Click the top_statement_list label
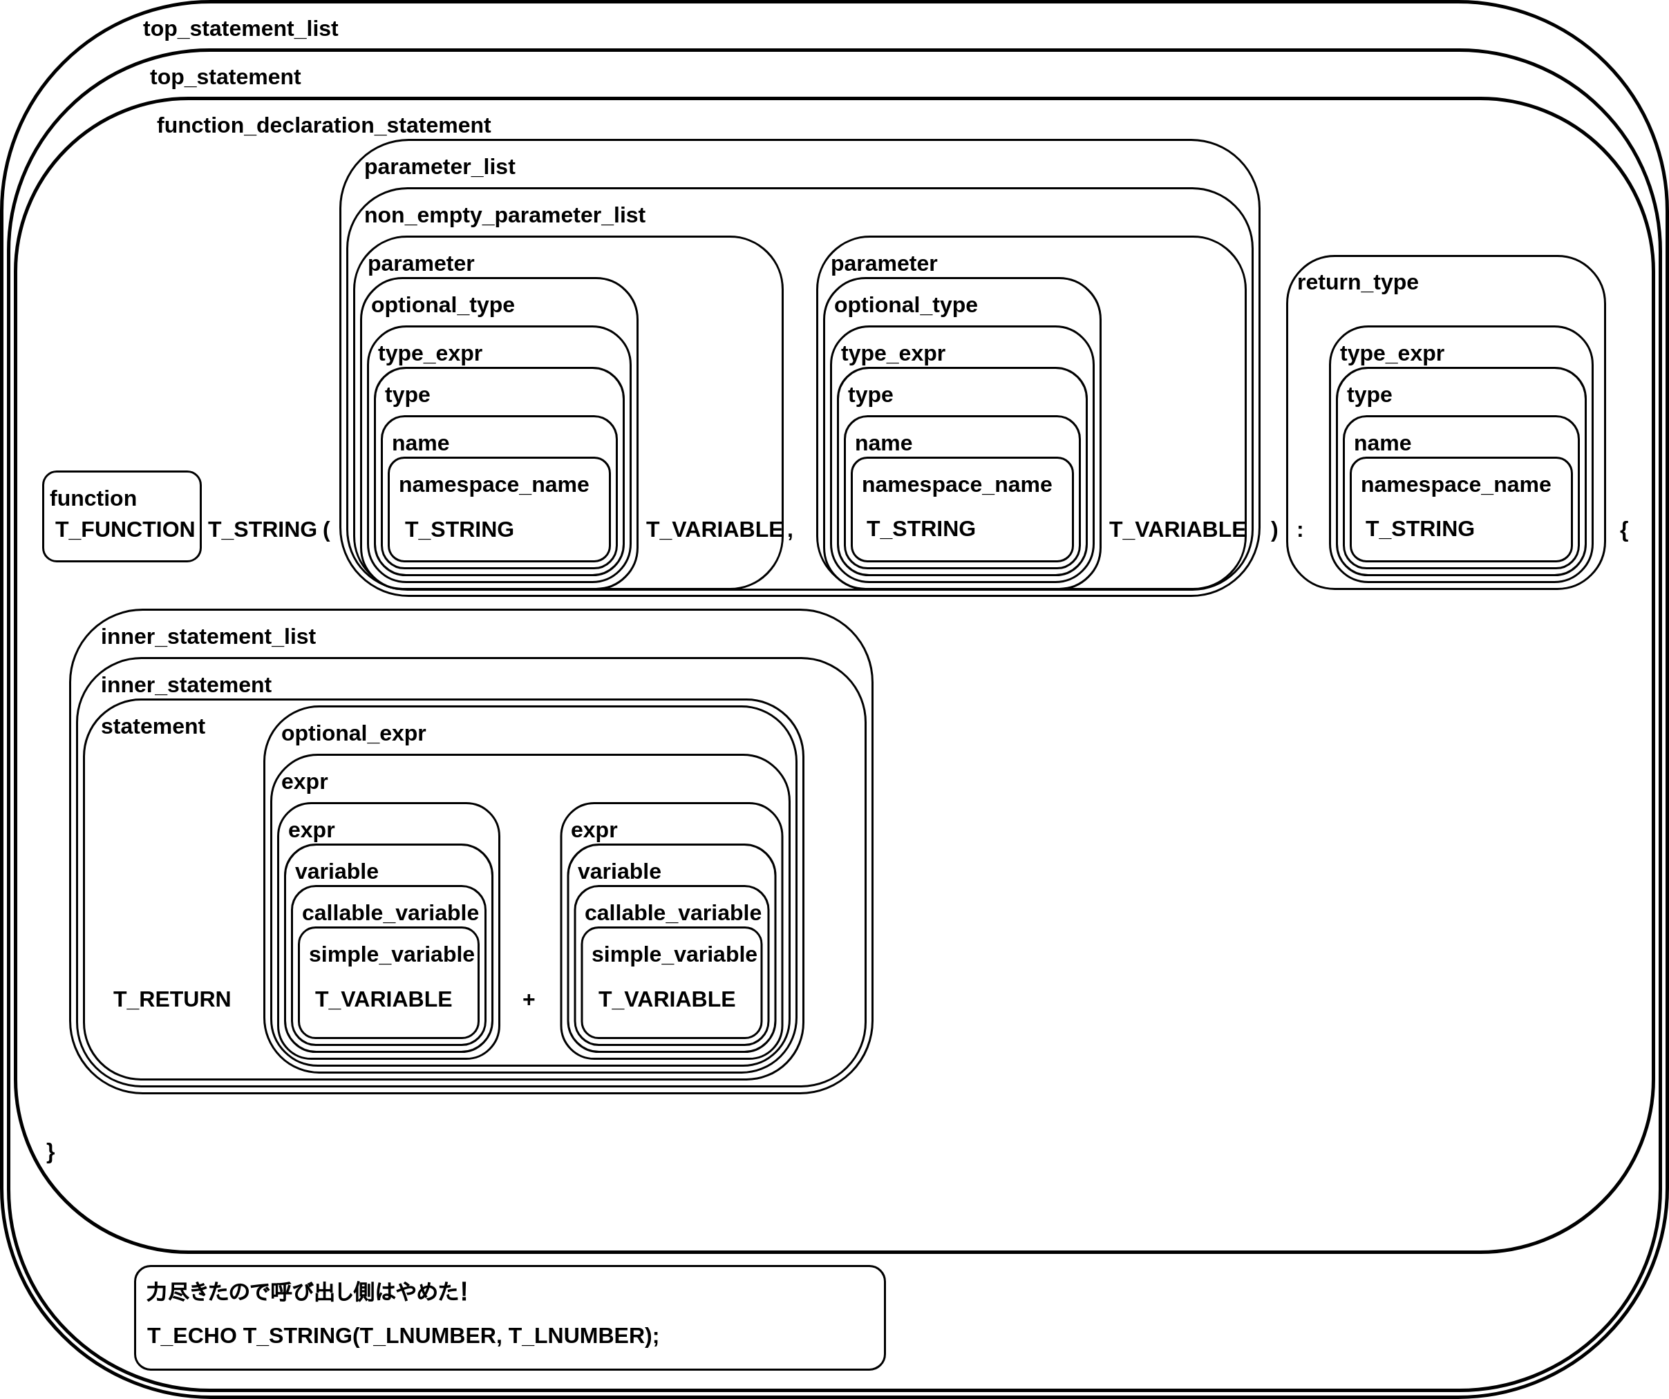(240, 28)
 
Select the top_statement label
(225, 77)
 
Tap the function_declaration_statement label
(323, 126)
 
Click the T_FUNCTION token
(125, 530)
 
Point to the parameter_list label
(440, 166)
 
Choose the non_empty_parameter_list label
(505, 216)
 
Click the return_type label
(1357, 282)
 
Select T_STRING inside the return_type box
(1420, 529)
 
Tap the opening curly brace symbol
(1623, 530)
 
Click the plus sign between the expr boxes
(529, 1000)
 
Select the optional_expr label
(354, 733)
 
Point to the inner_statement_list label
(208, 636)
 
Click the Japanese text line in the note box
(307, 1292)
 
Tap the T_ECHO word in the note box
(191, 1335)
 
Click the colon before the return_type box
(1300, 530)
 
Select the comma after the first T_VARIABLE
(790, 531)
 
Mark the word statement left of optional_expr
(153, 726)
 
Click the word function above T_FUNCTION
(93, 498)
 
